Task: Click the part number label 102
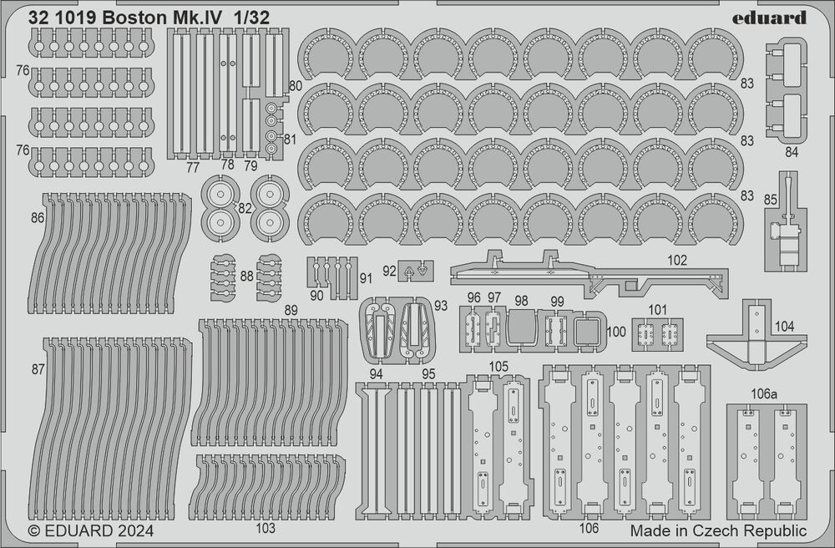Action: click(x=677, y=261)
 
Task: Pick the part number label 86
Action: click(x=37, y=217)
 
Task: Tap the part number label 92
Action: click(x=389, y=271)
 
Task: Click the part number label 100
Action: click(x=616, y=332)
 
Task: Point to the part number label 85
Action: click(x=770, y=199)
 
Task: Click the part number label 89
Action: click(x=291, y=311)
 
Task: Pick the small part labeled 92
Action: click(x=415, y=271)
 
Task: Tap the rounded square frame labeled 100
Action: click(x=588, y=331)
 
